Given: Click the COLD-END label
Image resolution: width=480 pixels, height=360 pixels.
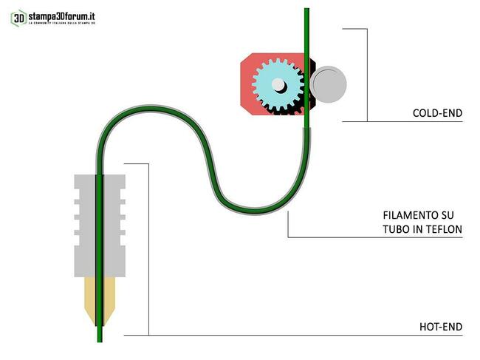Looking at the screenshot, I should point(437,114).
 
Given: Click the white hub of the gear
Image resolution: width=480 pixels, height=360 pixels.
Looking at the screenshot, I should point(278,85).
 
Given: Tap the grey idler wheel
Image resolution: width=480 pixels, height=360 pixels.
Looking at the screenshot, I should point(328,84).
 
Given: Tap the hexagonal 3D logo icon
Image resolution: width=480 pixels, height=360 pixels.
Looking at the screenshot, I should point(18,18).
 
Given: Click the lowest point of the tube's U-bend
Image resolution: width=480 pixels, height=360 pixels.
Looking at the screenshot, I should point(251,210).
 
